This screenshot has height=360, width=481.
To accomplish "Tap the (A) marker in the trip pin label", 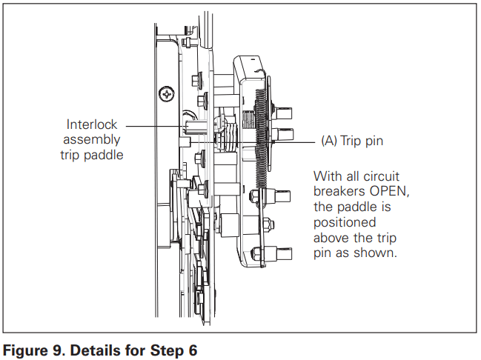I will (x=330, y=141).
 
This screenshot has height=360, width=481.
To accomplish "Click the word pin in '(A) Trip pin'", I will (x=374, y=141).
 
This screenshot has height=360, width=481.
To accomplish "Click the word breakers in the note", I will (x=339, y=192).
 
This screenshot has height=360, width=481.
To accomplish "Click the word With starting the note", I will (x=327, y=176).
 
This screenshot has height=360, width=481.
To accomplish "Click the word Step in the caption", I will (x=167, y=350).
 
